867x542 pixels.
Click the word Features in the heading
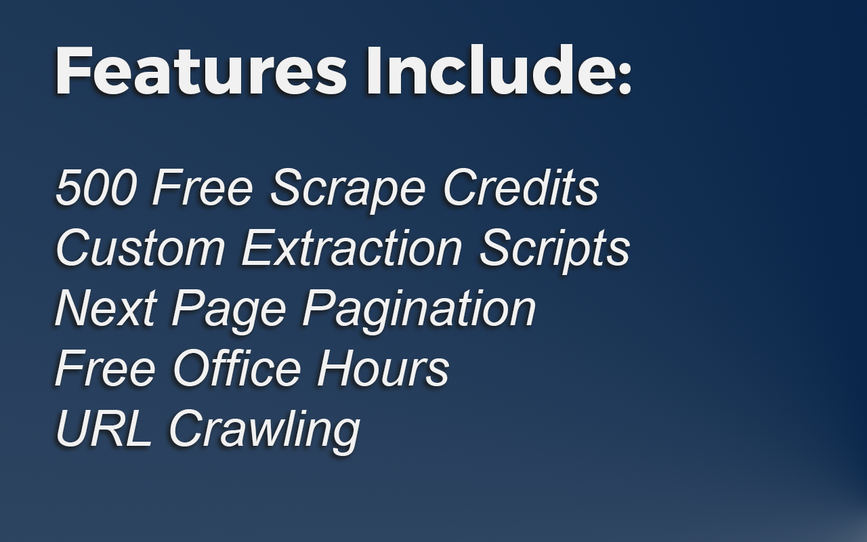(200, 71)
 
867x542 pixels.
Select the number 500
(96, 187)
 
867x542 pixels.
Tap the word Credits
(521, 187)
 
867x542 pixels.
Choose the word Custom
(140, 247)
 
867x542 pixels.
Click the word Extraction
(352, 247)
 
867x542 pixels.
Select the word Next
(104, 308)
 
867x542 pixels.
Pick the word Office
(237, 368)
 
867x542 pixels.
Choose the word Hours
(383, 368)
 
